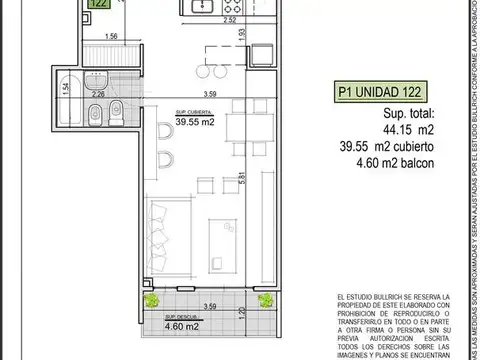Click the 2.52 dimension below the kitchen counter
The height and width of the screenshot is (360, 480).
pos(230,19)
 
